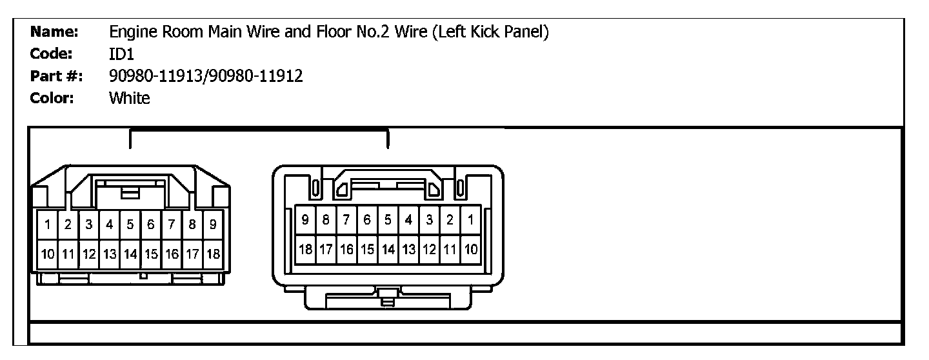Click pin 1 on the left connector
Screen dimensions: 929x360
pyautogui.click(x=48, y=225)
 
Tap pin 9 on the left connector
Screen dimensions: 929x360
pyautogui.click(x=213, y=225)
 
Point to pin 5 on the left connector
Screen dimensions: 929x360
pyautogui.click(x=130, y=225)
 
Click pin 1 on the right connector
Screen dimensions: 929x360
pyautogui.click(x=471, y=220)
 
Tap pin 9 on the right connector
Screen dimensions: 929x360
pyautogui.click(x=305, y=220)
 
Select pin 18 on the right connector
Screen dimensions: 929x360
pyautogui.click(x=305, y=248)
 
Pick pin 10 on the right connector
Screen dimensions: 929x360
pyautogui.click(x=471, y=248)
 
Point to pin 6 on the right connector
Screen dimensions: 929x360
pyautogui.click(x=367, y=220)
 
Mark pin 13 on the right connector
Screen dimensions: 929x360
pyautogui.click(x=408, y=248)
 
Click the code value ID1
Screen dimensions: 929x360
pyautogui.click(x=121, y=55)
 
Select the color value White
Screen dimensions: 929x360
pyautogui.click(x=130, y=98)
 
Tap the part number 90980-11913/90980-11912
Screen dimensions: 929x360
pyautogui.click(x=206, y=76)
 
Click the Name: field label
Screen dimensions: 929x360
pyautogui.click(x=55, y=32)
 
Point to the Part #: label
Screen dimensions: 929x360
pyautogui.click(x=55, y=76)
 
